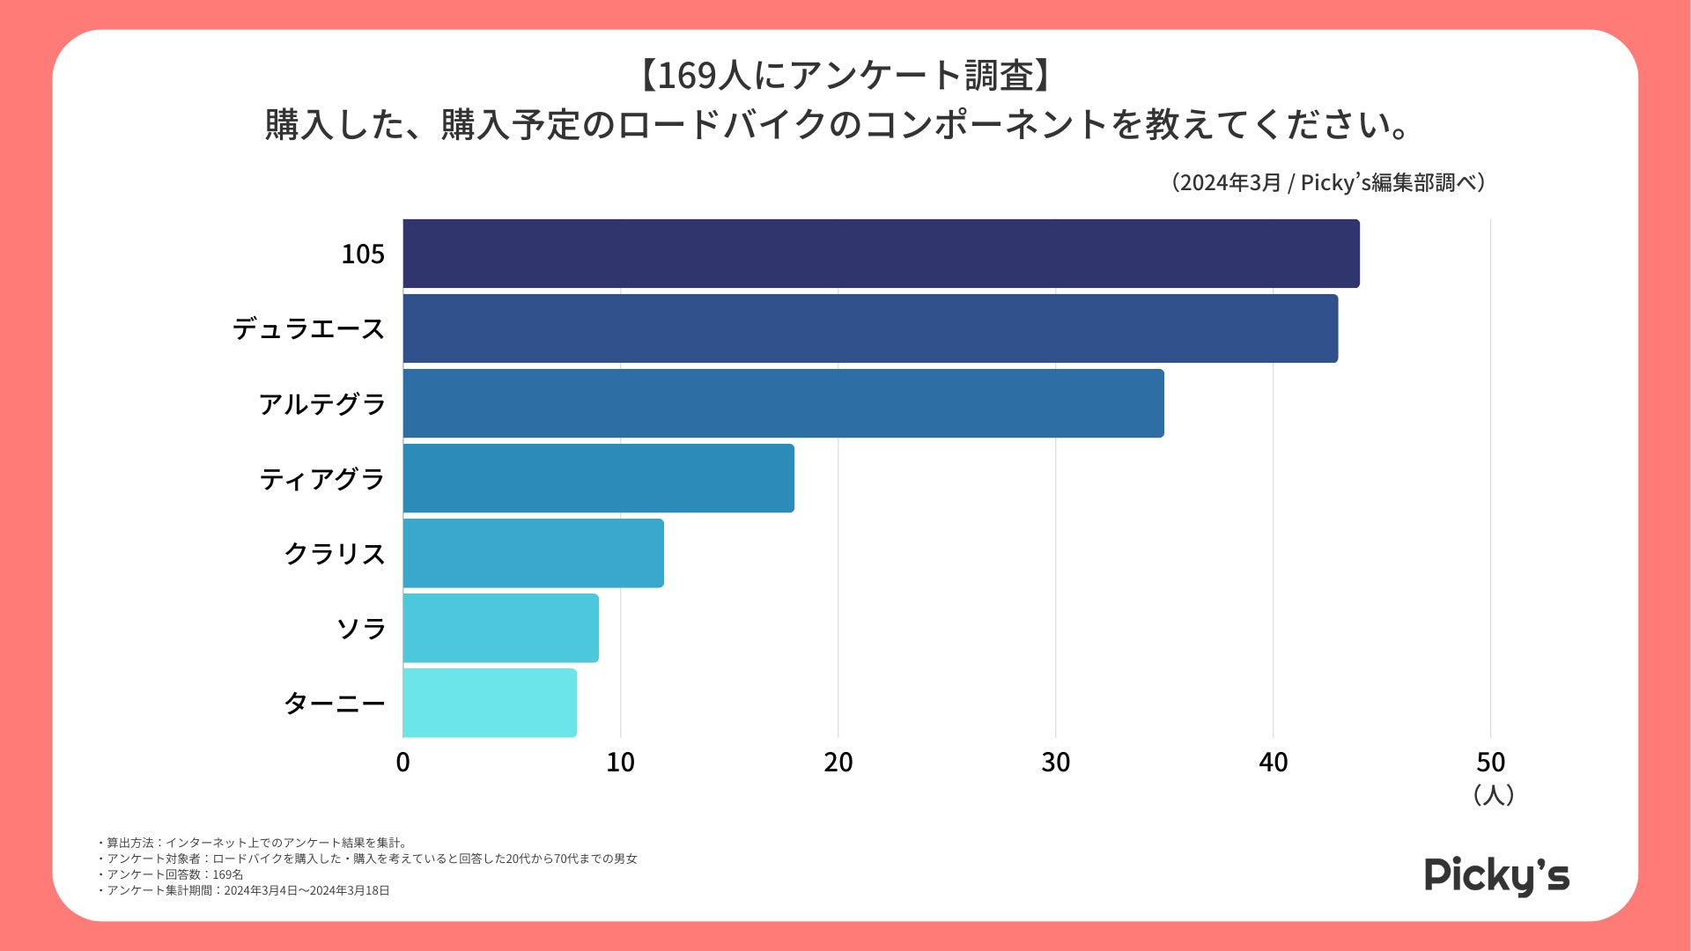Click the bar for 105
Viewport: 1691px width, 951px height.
[881, 254]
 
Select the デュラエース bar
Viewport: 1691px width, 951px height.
[870, 328]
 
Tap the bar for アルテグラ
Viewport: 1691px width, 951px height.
[783, 403]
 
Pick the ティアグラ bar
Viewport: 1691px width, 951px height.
[598, 478]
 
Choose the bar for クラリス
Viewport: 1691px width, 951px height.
[533, 553]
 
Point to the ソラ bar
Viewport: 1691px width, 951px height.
[500, 628]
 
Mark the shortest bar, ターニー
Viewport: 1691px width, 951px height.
[490, 703]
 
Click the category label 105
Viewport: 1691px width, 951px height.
[363, 254]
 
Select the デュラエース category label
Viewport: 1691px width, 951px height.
[308, 329]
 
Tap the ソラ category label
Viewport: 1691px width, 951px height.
[361, 629]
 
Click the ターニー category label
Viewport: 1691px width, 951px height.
[335, 704]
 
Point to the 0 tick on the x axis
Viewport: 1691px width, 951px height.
[402, 763]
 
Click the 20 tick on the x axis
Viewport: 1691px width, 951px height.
[838, 763]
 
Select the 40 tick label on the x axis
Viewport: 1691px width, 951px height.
[1273, 763]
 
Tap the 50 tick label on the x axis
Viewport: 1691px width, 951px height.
[1490, 763]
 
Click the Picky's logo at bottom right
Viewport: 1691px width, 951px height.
[1496, 875]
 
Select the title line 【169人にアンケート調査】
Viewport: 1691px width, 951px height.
[845, 76]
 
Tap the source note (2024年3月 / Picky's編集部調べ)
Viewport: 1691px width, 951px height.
[1328, 182]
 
